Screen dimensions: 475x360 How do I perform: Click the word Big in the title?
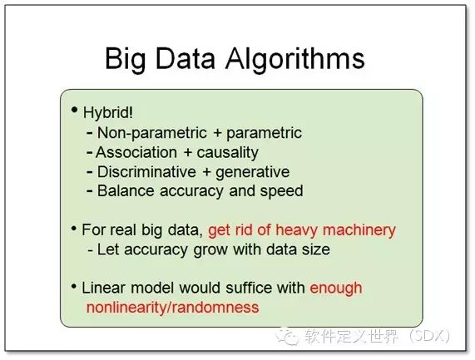coord(126,59)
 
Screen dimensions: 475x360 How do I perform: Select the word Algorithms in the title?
coord(294,59)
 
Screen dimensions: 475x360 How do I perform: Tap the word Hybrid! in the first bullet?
coord(108,113)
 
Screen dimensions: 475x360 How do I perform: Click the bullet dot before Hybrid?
coord(74,110)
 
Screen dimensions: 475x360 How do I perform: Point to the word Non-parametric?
coord(151,133)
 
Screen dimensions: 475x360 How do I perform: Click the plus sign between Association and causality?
coord(188,153)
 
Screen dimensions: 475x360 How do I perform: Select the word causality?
coord(227,153)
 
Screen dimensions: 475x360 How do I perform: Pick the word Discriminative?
coord(146,171)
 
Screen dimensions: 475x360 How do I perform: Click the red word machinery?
coord(359,230)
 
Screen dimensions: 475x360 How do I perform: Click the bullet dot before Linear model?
coord(73,286)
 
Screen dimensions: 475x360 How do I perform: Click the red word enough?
coord(336,288)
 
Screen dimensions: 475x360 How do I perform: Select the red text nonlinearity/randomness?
coord(173,308)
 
